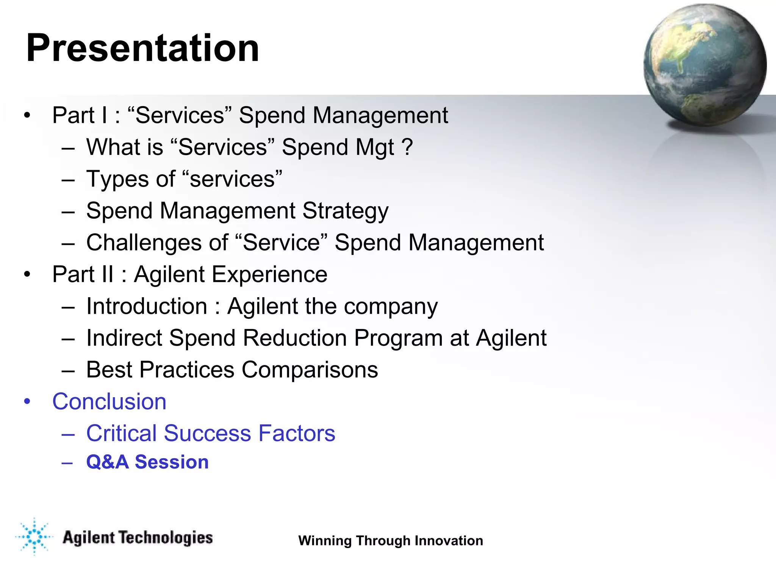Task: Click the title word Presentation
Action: pos(142,48)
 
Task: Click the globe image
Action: pos(704,65)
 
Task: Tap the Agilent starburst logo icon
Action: pos(34,537)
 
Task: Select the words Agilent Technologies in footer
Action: pos(138,537)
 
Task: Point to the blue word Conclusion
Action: pos(109,401)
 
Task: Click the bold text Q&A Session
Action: pos(147,462)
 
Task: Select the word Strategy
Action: pos(345,211)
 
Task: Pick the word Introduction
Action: pos(147,306)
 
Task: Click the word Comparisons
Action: pos(310,370)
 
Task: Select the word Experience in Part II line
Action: pos(269,274)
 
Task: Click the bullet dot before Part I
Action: pos(27,115)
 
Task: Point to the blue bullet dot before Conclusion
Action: pos(27,401)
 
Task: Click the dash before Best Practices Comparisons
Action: pos(68,370)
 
